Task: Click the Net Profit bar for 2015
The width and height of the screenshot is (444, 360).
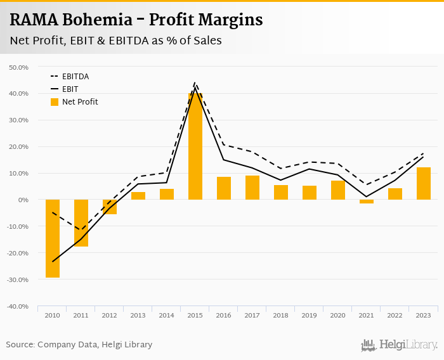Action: point(195,146)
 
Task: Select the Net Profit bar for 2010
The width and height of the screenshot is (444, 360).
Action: point(53,238)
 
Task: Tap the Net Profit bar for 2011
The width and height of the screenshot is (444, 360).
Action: point(81,223)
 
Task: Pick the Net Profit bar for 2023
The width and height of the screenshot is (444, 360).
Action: point(424,184)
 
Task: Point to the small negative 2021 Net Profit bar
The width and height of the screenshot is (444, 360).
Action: point(367,202)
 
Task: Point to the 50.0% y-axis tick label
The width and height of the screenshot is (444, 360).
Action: point(18,67)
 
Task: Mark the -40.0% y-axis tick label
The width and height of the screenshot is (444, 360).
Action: point(18,306)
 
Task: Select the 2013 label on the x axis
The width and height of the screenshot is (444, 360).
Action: point(138,315)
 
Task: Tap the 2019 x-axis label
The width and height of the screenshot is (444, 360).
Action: point(310,315)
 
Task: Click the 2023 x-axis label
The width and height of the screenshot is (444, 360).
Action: point(424,315)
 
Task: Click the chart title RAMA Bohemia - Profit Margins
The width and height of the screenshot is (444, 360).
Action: point(136,20)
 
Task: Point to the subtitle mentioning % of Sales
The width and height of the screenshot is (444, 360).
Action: point(115,41)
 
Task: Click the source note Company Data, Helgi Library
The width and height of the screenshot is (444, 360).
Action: point(79,345)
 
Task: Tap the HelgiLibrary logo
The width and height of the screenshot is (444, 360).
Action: point(400,345)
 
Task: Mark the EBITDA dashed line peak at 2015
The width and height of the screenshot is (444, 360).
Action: point(195,83)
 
